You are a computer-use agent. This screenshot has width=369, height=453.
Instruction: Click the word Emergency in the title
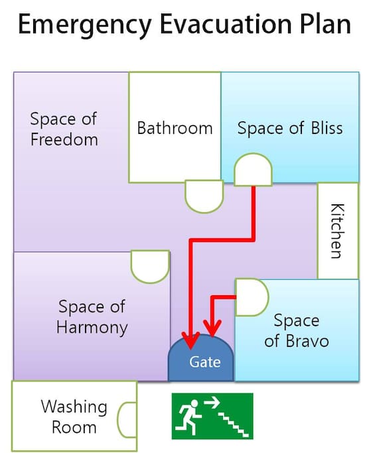click(85, 25)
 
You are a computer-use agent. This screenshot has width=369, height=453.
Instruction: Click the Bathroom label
click(175, 128)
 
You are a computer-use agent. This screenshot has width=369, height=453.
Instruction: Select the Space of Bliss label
click(290, 128)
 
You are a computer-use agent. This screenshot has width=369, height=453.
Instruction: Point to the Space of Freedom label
click(64, 129)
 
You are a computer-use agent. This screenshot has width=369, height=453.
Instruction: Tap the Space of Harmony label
click(92, 316)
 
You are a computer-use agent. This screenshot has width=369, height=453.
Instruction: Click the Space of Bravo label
click(297, 330)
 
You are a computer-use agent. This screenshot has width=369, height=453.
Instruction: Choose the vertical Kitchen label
click(337, 231)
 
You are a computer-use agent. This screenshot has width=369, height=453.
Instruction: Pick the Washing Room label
click(74, 417)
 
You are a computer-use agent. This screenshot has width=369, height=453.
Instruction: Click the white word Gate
click(205, 361)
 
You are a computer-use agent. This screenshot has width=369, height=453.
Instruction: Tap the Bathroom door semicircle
click(204, 196)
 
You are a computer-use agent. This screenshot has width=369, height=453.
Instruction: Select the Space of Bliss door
click(253, 170)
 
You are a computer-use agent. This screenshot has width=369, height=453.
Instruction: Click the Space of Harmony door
click(150, 267)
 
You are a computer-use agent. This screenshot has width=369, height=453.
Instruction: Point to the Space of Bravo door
click(252, 297)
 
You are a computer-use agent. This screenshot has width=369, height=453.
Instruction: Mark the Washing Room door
click(127, 419)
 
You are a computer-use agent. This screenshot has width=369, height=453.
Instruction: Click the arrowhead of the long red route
click(191, 340)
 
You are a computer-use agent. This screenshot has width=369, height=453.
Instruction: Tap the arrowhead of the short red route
click(212, 328)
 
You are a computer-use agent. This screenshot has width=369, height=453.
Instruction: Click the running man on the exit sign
click(189, 417)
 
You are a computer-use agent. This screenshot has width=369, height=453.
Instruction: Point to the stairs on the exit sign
click(233, 424)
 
